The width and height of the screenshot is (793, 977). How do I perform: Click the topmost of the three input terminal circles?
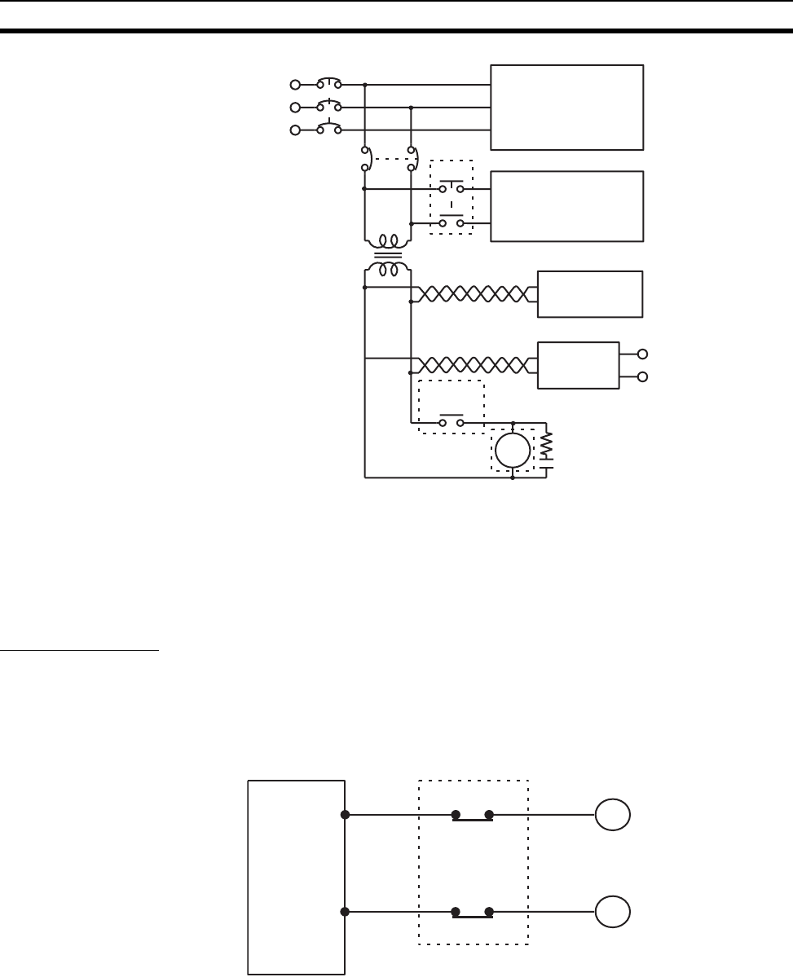point(296,84)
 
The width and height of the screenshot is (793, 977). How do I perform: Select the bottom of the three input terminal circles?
point(296,130)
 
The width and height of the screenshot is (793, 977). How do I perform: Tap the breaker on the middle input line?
point(329,107)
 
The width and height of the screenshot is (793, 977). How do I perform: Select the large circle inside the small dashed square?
point(513,450)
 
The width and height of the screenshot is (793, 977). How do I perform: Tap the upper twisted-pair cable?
point(474,294)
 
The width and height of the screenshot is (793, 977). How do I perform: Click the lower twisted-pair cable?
point(474,363)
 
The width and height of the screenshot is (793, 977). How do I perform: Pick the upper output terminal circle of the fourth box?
point(643,354)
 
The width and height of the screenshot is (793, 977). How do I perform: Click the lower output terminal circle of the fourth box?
point(643,377)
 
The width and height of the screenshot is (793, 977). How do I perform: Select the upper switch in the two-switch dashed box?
point(452,188)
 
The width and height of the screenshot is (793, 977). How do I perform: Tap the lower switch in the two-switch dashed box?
point(452,222)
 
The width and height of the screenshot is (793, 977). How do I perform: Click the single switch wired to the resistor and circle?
point(452,422)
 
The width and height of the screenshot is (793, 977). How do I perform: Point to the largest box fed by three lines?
point(566,107)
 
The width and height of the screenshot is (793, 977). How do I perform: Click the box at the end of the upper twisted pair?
point(590,294)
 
